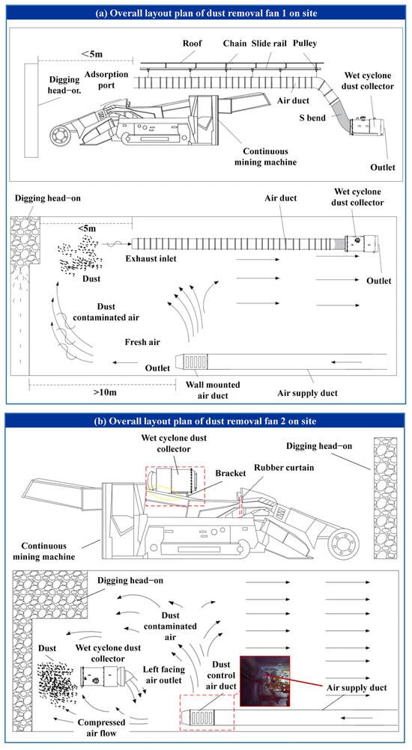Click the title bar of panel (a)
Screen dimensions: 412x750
206,13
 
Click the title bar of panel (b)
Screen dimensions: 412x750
206,421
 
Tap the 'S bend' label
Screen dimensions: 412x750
312,118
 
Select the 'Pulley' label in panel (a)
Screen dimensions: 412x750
306,43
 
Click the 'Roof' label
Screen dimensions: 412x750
193,43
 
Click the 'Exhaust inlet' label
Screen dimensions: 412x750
151,259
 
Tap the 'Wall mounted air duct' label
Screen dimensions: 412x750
213,390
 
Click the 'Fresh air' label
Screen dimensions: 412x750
142,342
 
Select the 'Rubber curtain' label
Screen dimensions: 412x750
284,467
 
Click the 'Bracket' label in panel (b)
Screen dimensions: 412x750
230,473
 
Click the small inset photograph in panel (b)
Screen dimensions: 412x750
264,681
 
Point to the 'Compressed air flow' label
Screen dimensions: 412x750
101,727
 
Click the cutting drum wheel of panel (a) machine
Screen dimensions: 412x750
60,135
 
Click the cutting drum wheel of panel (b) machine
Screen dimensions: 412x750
343,544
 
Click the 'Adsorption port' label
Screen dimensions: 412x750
106,80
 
